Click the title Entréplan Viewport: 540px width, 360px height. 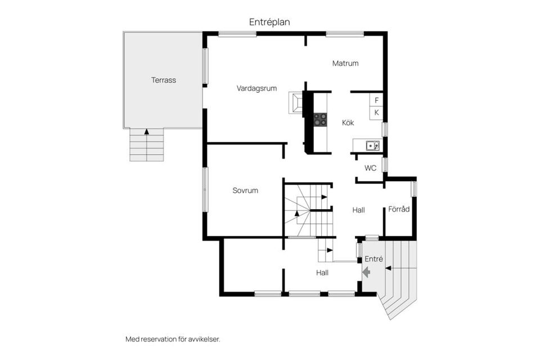click(x=269, y=22)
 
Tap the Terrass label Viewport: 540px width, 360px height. click(x=163, y=80)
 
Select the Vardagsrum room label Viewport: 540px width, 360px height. click(x=256, y=88)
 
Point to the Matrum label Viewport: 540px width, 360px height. click(x=345, y=63)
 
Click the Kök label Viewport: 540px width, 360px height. click(x=348, y=123)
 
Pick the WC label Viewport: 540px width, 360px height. click(x=370, y=168)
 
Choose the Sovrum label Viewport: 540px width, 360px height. click(x=245, y=190)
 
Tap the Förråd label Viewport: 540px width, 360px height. click(x=399, y=209)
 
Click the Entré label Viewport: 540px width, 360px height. click(x=374, y=259)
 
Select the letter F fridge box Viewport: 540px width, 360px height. click(x=376, y=100)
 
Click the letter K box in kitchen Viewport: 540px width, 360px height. click(x=376, y=112)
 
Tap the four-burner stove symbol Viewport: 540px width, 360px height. click(x=320, y=119)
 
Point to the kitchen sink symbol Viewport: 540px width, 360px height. click(x=372, y=146)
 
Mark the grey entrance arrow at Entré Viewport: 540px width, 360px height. click(x=366, y=273)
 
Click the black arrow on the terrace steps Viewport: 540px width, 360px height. click(x=147, y=132)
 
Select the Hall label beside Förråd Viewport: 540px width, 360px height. click(x=358, y=210)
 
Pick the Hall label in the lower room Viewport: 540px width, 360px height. click(x=322, y=272)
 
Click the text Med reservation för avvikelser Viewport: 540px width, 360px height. click(x=172, y=339)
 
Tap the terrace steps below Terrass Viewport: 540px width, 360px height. click(x=147, y=147)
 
